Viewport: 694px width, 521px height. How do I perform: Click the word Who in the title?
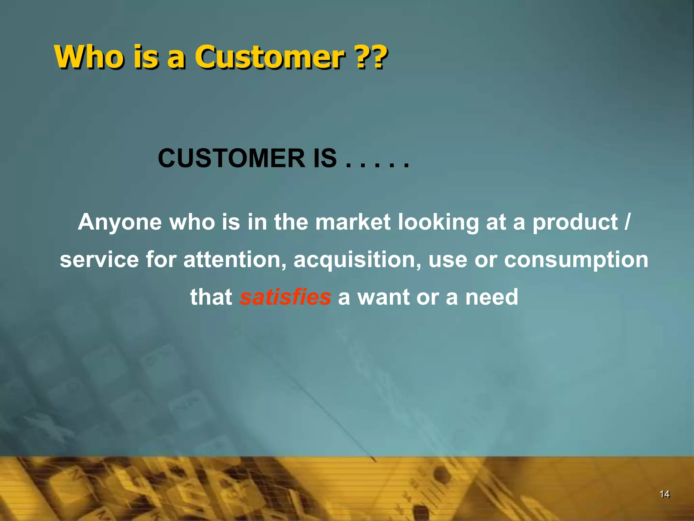click(x=89, y=57)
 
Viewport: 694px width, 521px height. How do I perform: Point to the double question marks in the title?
click(x=372, y=57)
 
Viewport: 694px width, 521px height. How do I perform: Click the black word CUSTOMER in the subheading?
click(x=231, y=158)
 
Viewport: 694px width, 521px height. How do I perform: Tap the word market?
click(x=353, y=222)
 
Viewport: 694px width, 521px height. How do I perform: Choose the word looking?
click(x=438, y=223)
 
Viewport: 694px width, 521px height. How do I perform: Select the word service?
click(x=99, y=260)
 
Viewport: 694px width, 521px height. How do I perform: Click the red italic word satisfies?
click(x=285, y=297)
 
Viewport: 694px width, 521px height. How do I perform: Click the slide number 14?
click(x=665, y=494)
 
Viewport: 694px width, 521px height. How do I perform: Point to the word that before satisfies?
click(x=211, y=297)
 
